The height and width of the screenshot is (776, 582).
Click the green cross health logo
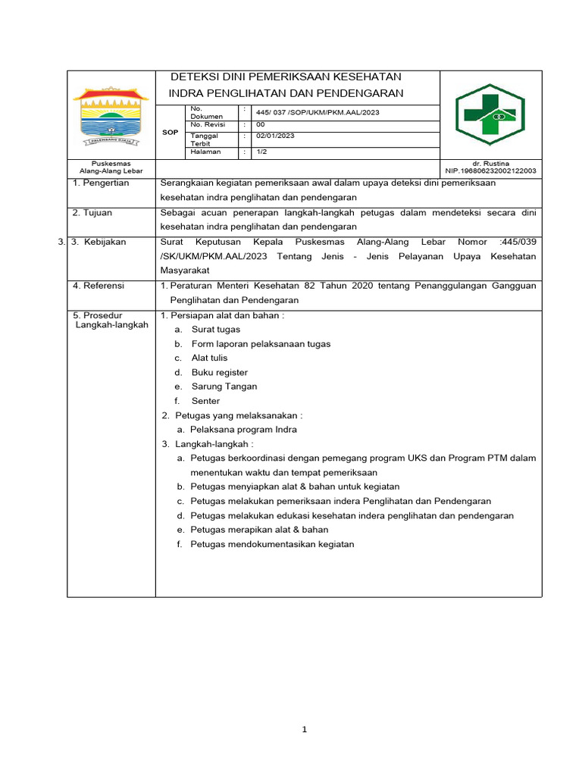pos(490,114)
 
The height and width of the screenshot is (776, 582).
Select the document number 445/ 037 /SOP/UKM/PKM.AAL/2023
pos(318,113)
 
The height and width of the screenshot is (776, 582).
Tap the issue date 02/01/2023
pos(275,136)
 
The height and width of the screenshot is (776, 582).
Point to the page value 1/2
pos(261,152)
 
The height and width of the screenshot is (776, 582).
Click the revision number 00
pos(261,124)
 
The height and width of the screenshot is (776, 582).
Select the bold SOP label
pos(170,132)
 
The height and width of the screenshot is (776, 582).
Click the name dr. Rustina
pos(490,163)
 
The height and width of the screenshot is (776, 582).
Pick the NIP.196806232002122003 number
pos(490,171)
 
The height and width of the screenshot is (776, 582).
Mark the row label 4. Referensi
pos(99,286)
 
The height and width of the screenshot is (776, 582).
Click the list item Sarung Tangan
pos(224,386)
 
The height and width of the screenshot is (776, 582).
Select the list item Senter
pos(205,401)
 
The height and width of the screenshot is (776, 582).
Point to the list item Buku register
pos(220,372)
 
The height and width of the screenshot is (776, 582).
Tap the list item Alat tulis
pos(209,358)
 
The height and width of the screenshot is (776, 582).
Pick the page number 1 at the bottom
pos(304,730)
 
